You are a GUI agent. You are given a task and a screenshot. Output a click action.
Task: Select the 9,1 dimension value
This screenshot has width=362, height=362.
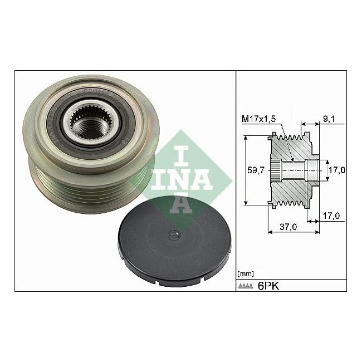click(x=328, y=118)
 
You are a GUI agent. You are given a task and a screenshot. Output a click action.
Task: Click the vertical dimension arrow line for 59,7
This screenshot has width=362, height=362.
click(x=245, y=170)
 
